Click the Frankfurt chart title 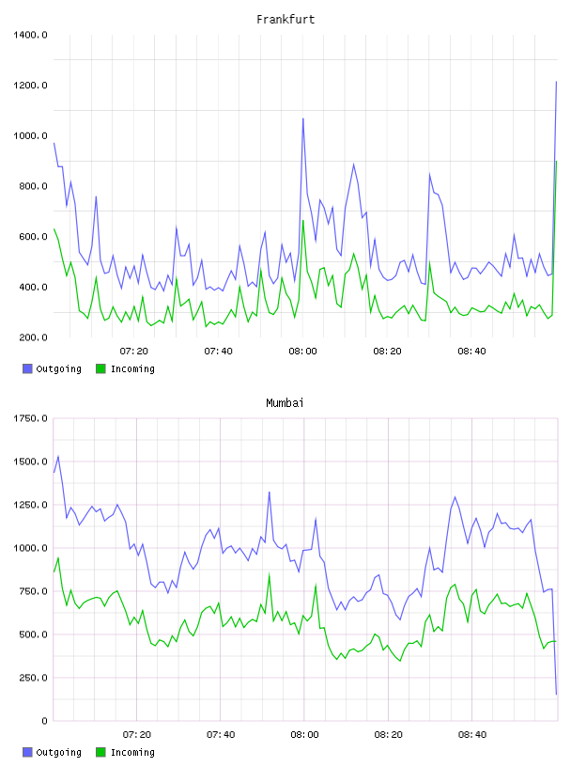[x=285, y=19]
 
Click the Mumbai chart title [x=285, y=402]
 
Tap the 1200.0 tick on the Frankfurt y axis [x=30, y=86]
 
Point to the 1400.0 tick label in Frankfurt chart [x=30, y=35]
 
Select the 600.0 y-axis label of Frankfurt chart [x=33, y=237]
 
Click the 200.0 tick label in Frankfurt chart [x=33, y=337]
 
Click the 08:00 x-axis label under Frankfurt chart [x=302, y=352]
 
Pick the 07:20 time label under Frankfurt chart [x=134, y=352]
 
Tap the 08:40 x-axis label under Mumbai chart [x=472, y=735]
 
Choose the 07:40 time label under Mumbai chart [x=221, y=735]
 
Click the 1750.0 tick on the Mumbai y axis [x=30, y=418]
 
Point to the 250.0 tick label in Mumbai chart [x=33, y=678]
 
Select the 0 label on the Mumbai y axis [x=44, y=721]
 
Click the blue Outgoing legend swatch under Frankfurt [x=27, y=368]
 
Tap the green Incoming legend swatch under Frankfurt [x=100, y=368]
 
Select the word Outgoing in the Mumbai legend [x=58, y=752]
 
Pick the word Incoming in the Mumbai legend [x=132, y=752]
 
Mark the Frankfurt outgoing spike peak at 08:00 [x=303, y=118]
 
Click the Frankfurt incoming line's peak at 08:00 [x=303, y=220]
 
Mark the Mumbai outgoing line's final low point [x=556, y=694]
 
